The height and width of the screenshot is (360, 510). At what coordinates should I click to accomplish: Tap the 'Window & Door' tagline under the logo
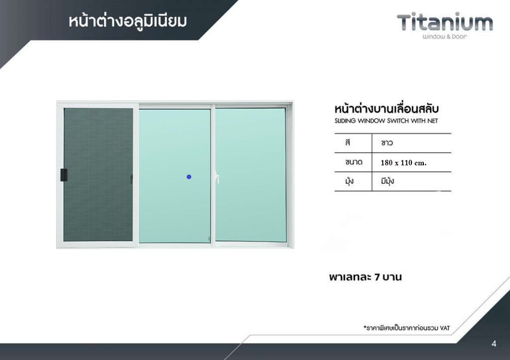[445, 37]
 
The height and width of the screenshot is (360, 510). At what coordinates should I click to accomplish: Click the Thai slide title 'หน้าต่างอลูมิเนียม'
[127, 21]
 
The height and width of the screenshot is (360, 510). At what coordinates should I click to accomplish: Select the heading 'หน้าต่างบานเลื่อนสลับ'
[386, 109]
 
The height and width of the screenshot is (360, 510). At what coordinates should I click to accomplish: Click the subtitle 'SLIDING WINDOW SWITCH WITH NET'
[386, 121]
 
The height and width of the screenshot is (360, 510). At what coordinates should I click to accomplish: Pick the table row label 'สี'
[348, 142]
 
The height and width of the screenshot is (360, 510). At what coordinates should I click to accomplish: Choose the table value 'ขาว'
[387, 143]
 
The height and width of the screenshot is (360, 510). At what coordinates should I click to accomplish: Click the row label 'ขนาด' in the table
[354, 162]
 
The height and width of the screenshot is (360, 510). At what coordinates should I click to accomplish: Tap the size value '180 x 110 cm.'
[403, 163]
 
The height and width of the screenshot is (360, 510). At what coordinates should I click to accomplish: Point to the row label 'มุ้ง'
[349, 181]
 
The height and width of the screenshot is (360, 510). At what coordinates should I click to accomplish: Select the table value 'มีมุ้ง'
[387, 181]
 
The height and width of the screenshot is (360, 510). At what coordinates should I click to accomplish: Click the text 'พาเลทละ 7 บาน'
[365, 277]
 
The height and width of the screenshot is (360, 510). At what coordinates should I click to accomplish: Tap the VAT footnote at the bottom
[406, 328]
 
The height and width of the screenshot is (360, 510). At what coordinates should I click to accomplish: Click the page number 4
[494, 344]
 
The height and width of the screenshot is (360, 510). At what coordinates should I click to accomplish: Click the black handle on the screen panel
[64, 175]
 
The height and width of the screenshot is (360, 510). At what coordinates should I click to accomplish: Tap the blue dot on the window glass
[189, 177]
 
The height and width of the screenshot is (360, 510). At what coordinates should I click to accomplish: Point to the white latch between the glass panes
[217, 177]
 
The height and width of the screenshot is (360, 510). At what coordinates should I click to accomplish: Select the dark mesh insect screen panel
[98, 175]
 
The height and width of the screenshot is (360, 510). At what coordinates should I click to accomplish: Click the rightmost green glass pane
[251, 175]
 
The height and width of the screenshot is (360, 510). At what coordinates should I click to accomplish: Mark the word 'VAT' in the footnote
[445, 328]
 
